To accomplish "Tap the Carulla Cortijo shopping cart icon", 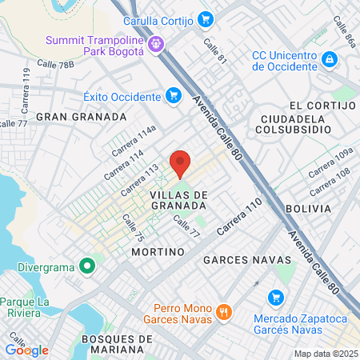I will pos(206,18).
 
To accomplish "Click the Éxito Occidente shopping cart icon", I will pos(173,96).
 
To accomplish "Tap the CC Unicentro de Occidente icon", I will pos(330,58).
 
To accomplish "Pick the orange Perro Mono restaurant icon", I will pos(224,310).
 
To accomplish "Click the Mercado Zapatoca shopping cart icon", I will pos(278,297).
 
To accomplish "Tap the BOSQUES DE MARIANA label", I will pos(116,345).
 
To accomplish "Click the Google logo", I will pos(26,350).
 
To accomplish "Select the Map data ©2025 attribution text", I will pos(326,354).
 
